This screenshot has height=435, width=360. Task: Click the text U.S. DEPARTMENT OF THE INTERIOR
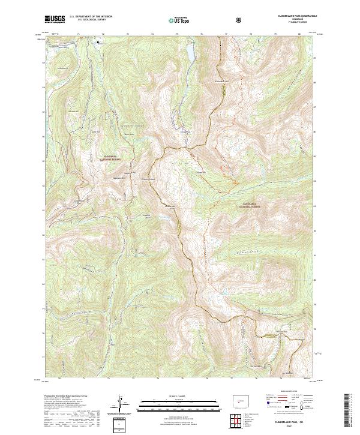[x=89, y=17]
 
